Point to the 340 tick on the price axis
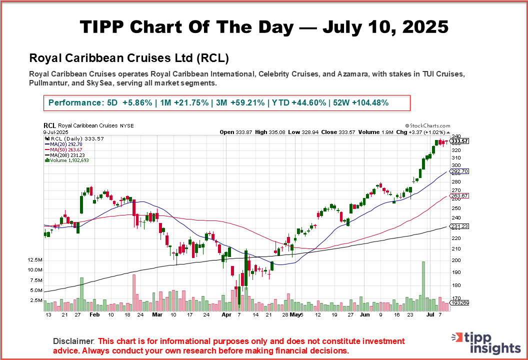(456, 136)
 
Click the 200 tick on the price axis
(456, 260)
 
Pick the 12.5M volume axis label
(35, 260)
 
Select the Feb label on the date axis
(95, 315)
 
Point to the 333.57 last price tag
(460, 141)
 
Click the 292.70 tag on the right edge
(460, 171)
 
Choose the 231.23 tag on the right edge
(460, 226)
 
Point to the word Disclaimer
(73, 341)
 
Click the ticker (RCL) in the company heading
(212, 58)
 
